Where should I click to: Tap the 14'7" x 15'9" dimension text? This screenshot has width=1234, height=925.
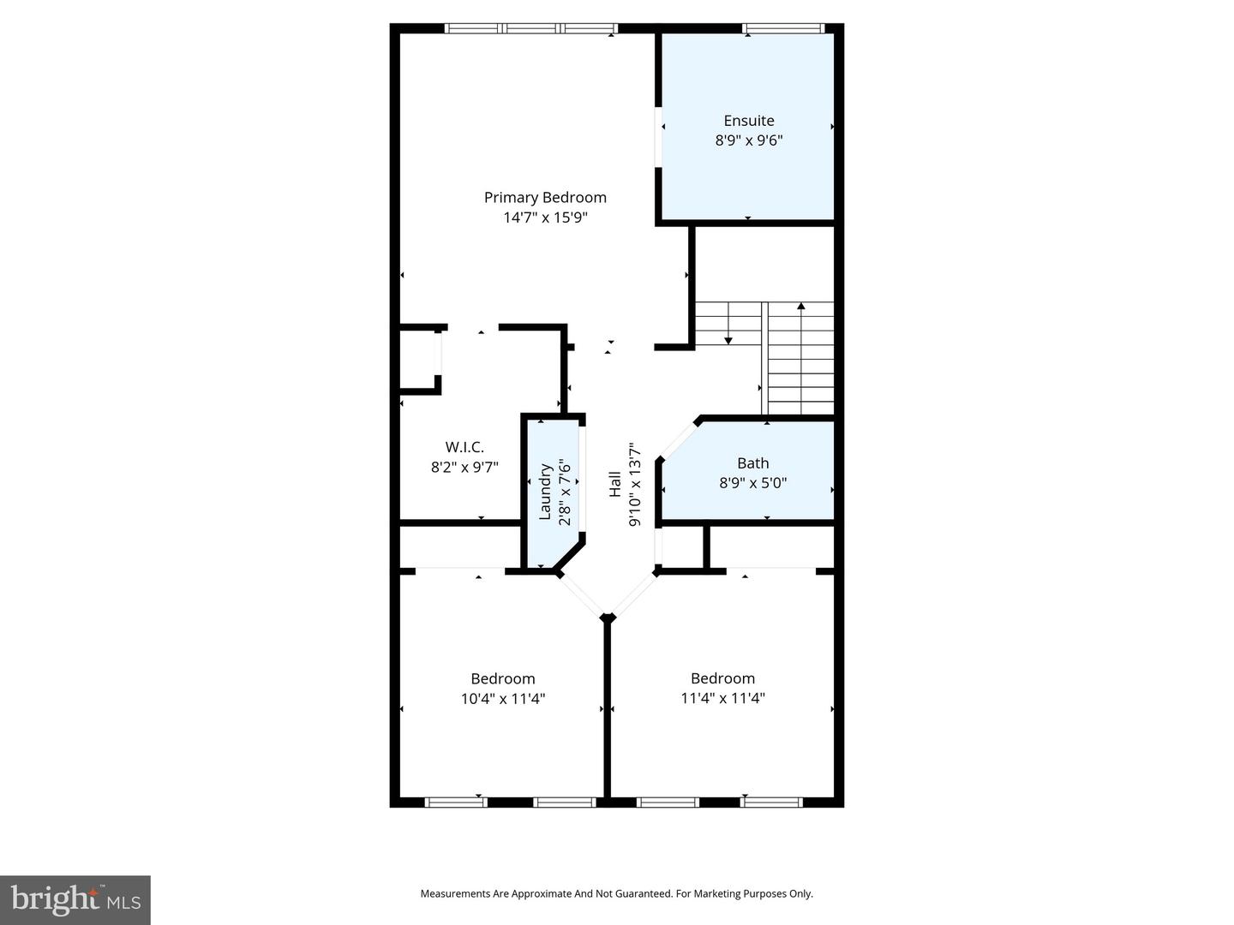coord(545,218)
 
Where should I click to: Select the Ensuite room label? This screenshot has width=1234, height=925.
coord(748,121)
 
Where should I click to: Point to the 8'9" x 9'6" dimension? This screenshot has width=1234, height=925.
coord(748,140)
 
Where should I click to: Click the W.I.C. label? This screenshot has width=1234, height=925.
coord(464,447)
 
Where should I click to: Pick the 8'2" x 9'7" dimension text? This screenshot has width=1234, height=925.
coord(464,468)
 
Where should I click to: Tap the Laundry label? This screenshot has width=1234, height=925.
coord(545,491)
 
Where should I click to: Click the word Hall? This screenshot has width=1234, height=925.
coord(615,484)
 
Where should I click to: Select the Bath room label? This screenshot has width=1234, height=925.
coord(752,463)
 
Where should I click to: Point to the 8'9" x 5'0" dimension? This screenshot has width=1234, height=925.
coord(752,483)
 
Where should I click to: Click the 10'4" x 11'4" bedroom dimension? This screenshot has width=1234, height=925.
coord(502,699)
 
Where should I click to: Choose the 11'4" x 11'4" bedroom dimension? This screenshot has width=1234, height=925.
coord(722,698)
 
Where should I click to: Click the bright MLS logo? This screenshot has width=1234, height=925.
coord(75,899)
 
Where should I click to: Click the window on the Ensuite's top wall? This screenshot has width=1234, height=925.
coord(783,28)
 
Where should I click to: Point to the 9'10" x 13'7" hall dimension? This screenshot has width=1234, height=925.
coord(635,484)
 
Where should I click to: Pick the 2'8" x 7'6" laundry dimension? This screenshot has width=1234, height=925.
coord(565,492)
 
